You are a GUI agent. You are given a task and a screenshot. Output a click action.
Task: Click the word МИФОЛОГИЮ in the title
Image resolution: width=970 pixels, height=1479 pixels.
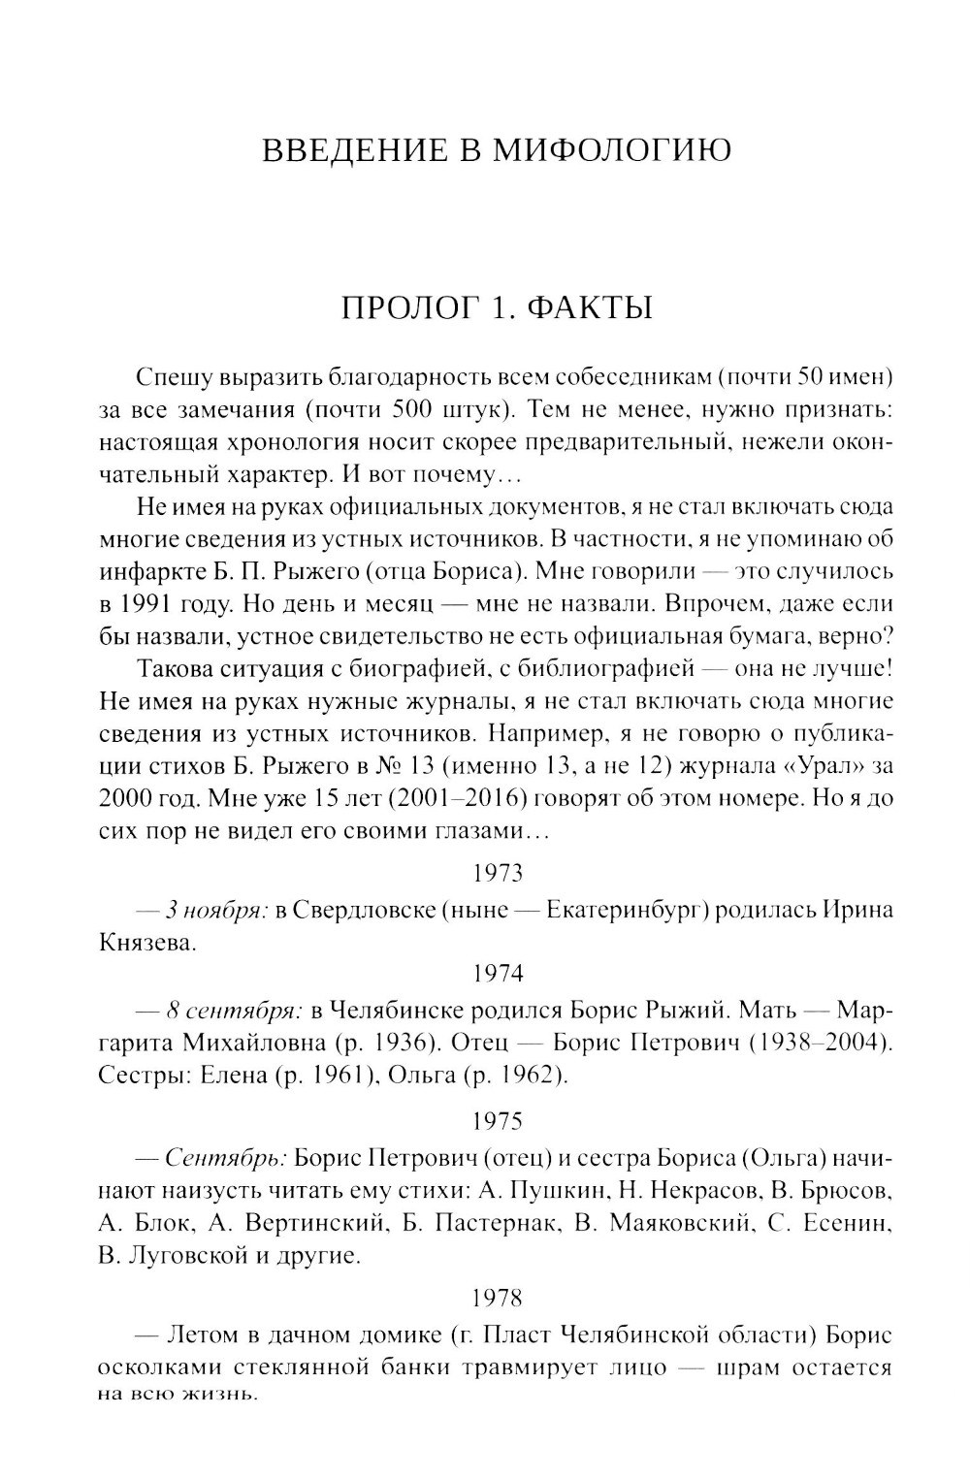point(613,151)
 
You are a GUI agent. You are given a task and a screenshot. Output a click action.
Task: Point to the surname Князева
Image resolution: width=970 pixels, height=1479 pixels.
point(147,943)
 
